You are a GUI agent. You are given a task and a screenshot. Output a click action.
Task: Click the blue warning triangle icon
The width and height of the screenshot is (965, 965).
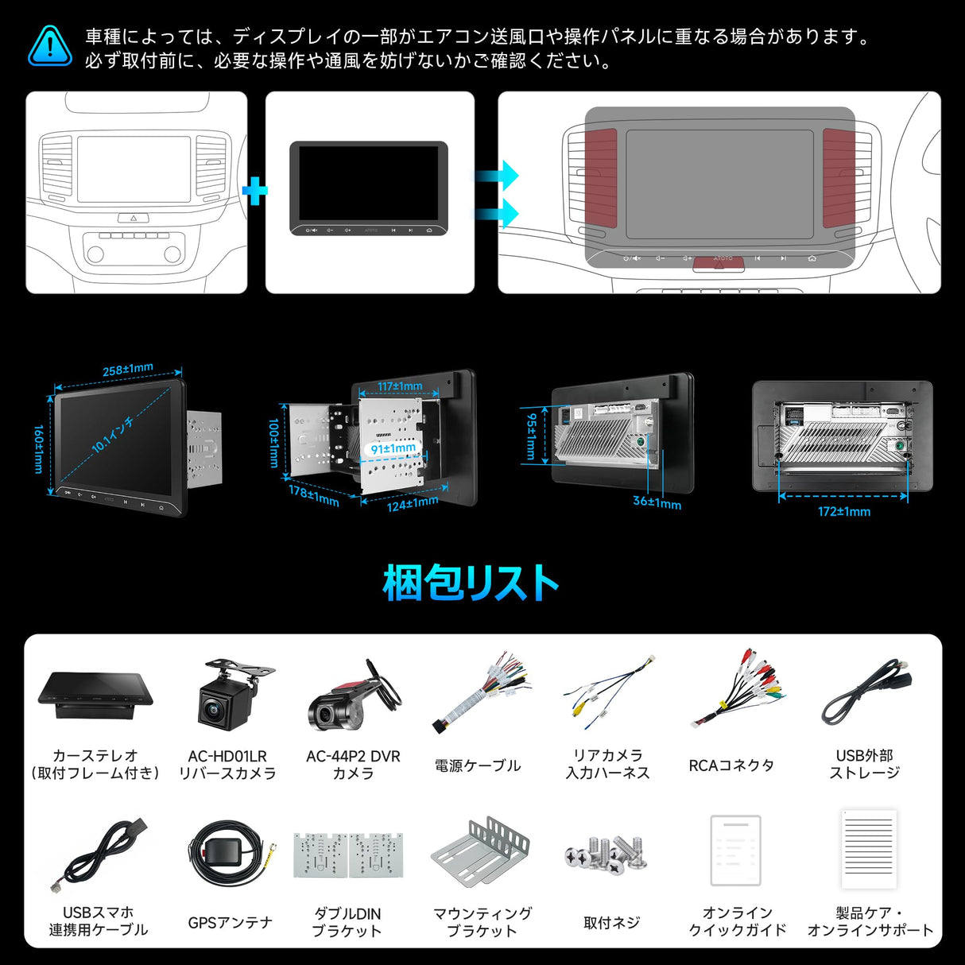pos(49,46)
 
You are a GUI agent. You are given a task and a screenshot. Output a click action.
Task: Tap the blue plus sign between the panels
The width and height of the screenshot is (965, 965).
pos(254,191)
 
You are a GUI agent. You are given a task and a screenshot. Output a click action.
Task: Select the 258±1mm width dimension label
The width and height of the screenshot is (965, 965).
pos(127,370)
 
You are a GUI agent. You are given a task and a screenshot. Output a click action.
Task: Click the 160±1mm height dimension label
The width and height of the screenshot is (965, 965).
pos(38,449)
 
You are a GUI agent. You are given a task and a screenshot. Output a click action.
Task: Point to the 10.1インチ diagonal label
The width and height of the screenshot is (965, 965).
pos(113,434)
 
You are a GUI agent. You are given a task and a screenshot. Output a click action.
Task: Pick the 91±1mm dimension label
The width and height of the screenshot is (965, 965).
pos(393,448)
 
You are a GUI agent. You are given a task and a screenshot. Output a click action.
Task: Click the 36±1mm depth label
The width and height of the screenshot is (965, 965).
pos(657,502)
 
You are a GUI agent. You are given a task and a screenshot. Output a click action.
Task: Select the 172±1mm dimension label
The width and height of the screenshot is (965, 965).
pos(843,512)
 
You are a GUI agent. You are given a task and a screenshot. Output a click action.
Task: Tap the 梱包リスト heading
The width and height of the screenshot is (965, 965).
pos(471,583)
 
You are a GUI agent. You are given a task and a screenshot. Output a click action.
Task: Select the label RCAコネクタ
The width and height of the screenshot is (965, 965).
pos(731,765)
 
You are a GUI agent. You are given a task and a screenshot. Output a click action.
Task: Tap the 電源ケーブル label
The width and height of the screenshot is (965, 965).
pos(478,765)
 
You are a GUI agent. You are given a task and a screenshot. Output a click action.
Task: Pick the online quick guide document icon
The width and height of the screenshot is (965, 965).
pos(735,850)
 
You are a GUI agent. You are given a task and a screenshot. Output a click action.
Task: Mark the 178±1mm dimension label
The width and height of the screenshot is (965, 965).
pos(314,496)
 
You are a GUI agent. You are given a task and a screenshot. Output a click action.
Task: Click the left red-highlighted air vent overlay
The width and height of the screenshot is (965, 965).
pos(601,175)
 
